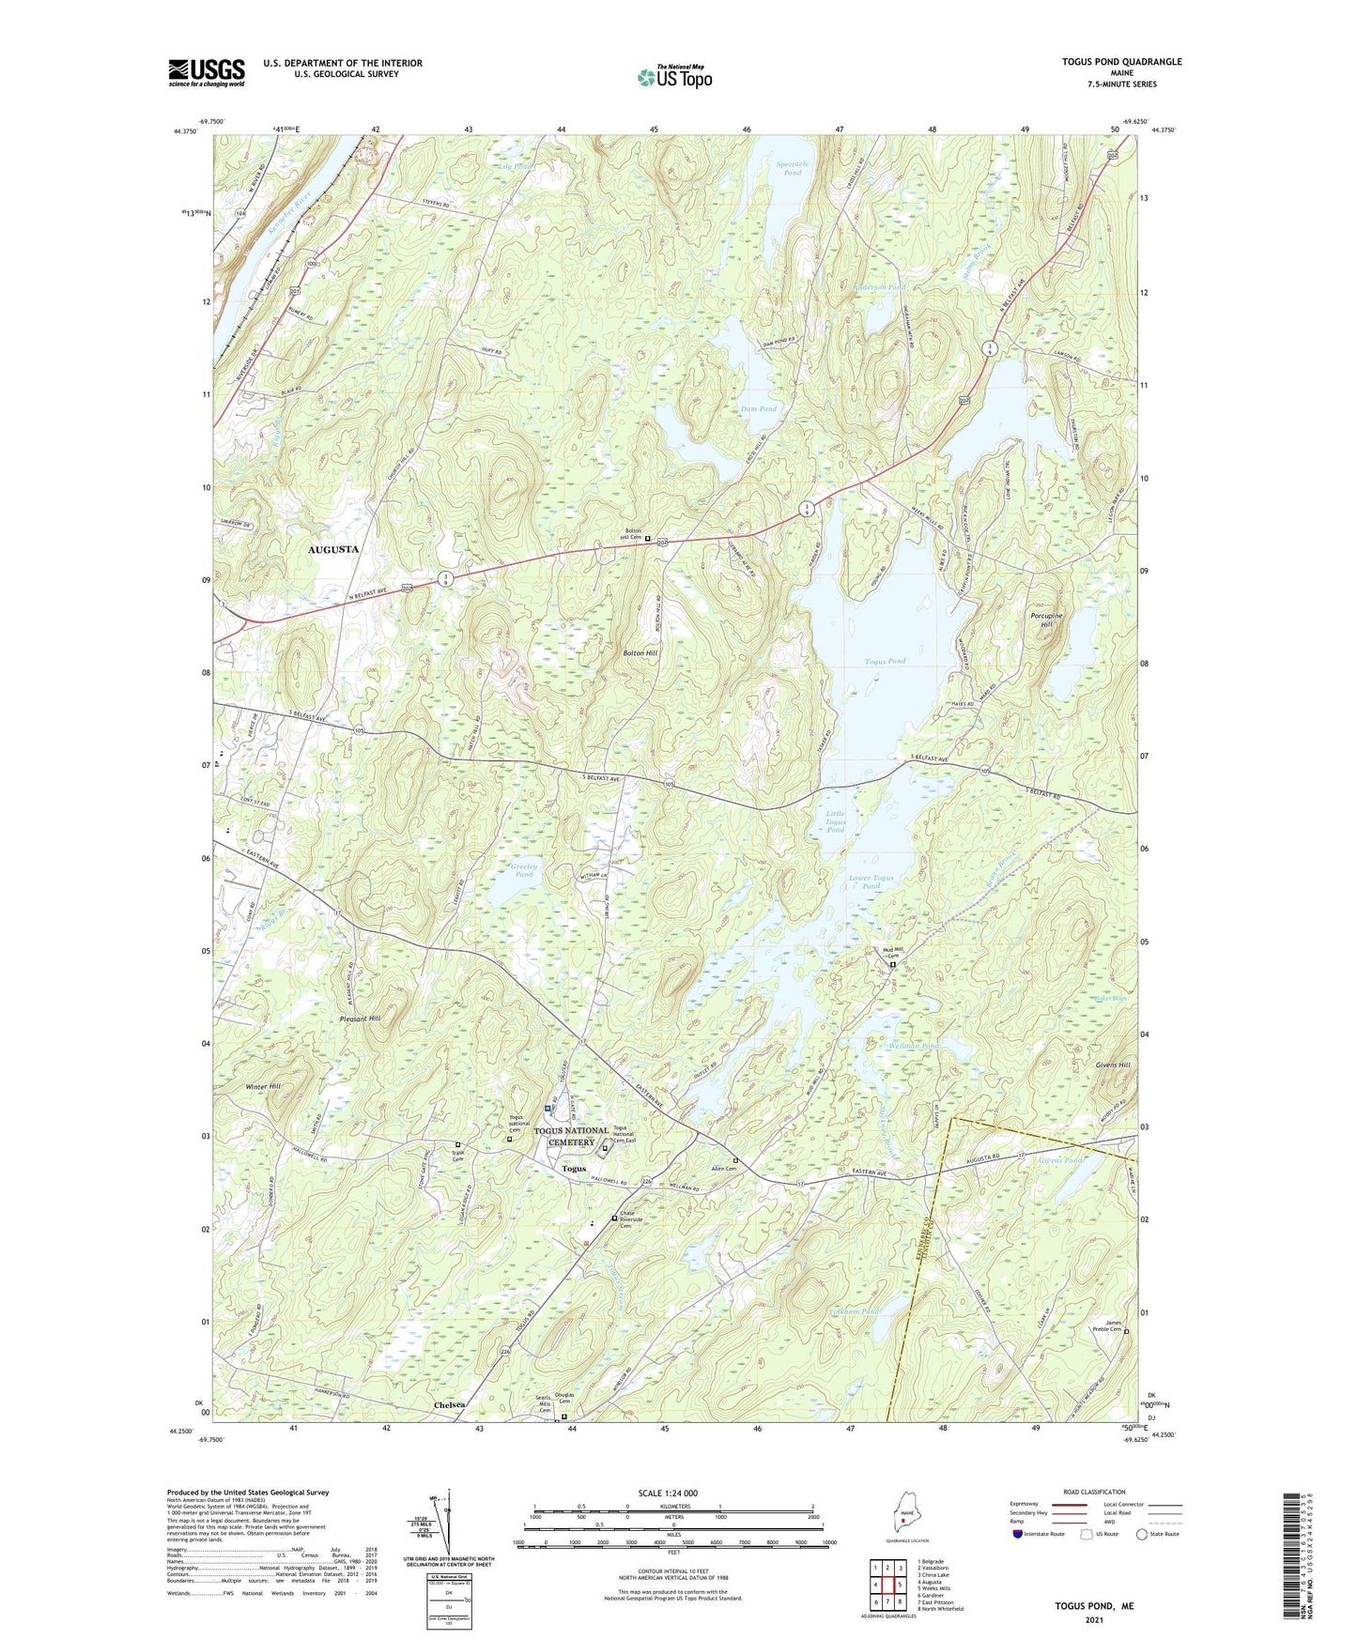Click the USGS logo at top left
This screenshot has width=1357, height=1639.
[206, 72]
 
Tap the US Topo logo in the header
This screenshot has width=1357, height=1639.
[673, 77]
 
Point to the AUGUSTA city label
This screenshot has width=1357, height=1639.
[333, 549]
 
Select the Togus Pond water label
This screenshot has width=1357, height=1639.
[885, 661]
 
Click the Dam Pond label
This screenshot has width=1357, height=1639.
[759, 409]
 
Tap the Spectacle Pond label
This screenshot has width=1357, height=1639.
[793, 168]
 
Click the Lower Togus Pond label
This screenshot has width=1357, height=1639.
[871, 881]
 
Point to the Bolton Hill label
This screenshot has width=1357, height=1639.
[640, 652]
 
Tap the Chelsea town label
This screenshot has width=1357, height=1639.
[450, 1405]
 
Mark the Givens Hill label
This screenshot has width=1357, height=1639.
[1113, 1065]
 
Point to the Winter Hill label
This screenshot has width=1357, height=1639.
[263, 1086]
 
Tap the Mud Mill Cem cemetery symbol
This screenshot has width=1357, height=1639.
[893, 964]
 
